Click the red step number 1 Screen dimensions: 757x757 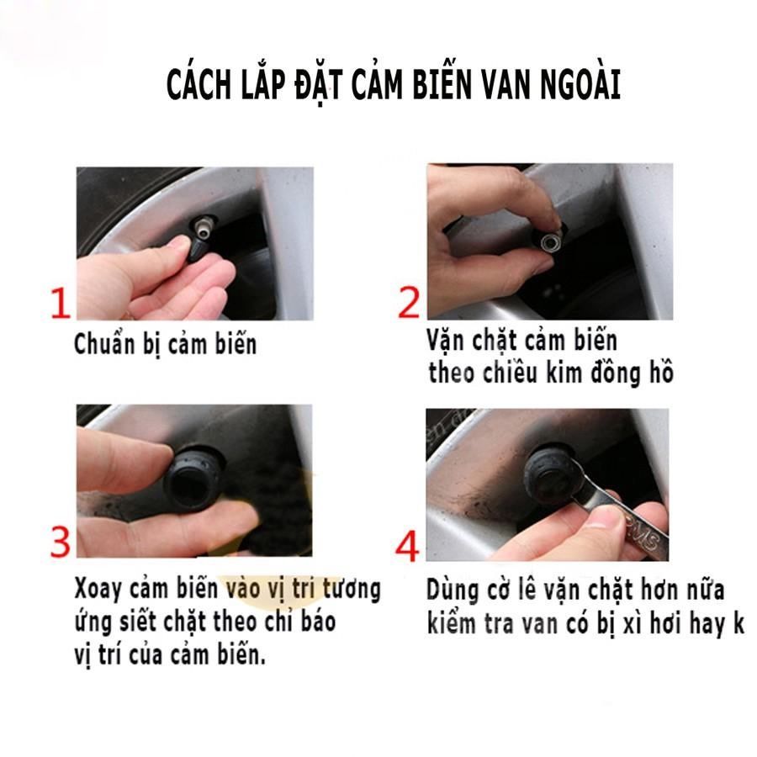click(61, 303)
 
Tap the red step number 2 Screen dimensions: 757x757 click(409, 302)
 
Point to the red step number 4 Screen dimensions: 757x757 click(407, 546)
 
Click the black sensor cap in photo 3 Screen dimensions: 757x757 click(194, 480)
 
